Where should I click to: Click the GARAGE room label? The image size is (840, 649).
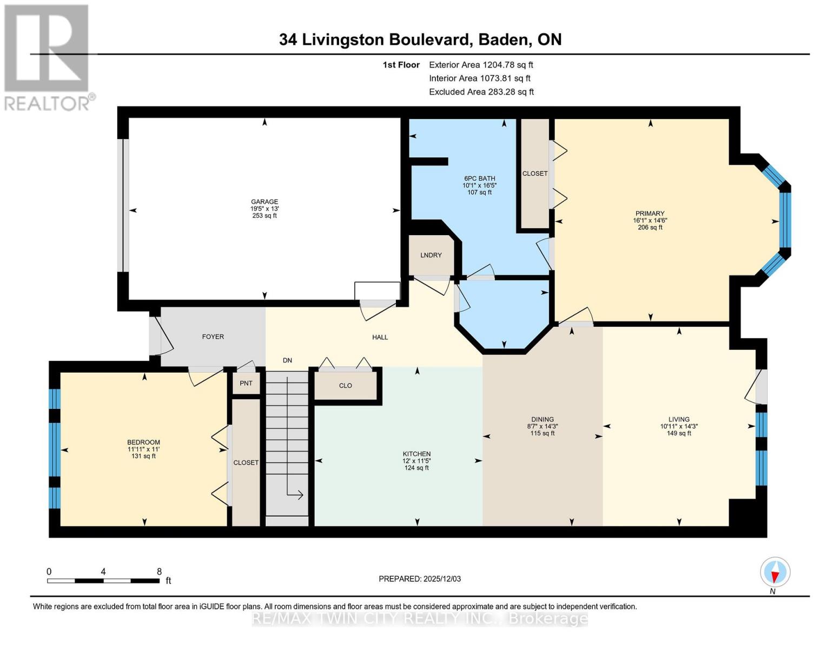[x=264, y=202]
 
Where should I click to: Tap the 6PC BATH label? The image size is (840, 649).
[x=479, y=178]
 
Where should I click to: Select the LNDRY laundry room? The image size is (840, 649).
[x=431, y=255]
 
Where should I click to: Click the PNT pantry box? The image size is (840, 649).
[x=246, y=383]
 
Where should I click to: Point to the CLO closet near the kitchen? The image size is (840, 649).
[x=346, y=386]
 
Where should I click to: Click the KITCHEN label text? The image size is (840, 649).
[x=416, y=454]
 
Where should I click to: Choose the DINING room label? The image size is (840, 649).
[x=542, y=419]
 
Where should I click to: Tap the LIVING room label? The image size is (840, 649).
[x=679, y=419]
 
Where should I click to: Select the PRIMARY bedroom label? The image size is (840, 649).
[x=650, y=214]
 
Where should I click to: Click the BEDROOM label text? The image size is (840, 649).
[x=143, y=442]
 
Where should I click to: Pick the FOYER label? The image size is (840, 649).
[x=213, y=336]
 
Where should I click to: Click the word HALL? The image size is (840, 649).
[x=380, y=337]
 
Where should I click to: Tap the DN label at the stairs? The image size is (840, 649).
[x=287, y=360]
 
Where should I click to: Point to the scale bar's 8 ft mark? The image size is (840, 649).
[x=159, y=572]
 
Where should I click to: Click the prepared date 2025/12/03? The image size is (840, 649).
[x=442, y=579]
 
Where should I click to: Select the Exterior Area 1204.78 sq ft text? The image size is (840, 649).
[x=481, y=65]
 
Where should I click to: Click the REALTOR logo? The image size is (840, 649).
[x=48, y=57]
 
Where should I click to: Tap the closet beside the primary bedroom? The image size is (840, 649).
[x=534, y=174]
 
